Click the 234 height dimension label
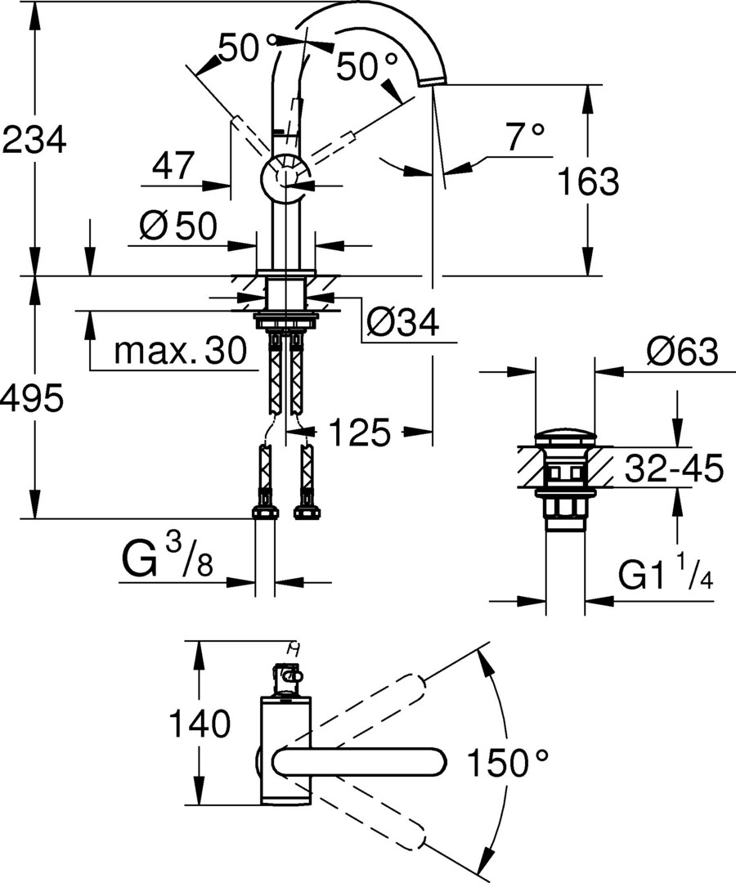[x=34, y=140]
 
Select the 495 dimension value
[x=32, y=400]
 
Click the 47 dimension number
[x=173, y=167]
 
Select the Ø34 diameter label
[x=402, y=325]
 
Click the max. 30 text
[x=180, y=352]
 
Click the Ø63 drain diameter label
[x=681, y=352]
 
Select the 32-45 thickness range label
[x=674, y=469]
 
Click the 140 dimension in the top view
[x=199, y=724]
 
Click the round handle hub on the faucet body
[x=284, y=176]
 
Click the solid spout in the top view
[x=360, y=762]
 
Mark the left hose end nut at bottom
[x=264, y=513]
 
